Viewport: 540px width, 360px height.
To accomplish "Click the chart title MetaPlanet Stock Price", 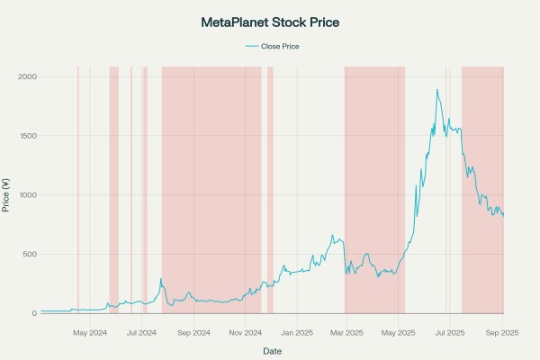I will click(269, 21).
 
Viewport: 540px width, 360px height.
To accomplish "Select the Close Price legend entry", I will click(275, 46).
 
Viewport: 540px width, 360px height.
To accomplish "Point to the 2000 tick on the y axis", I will click(27, 77).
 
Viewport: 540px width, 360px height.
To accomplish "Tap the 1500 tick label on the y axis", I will click(27, 136).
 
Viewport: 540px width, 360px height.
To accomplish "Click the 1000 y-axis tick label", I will click(27, 195).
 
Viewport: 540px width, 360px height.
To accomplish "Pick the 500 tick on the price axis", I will click(30, 255).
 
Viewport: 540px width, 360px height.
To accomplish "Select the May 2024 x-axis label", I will click(90, 332).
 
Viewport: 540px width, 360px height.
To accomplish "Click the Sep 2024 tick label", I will click(193, 332).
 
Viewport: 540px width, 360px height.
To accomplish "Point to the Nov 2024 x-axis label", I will click(245, 332).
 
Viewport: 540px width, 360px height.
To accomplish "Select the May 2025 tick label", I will click(398, 332).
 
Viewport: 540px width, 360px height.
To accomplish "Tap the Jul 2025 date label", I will click(449, 332).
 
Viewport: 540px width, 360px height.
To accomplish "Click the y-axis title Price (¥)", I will click(7, 195).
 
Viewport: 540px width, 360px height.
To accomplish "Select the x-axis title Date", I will click(271, 349).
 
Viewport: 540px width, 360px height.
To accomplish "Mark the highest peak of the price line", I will click(437, 90).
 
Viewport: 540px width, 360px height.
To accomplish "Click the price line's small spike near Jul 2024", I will click(161, 279).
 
